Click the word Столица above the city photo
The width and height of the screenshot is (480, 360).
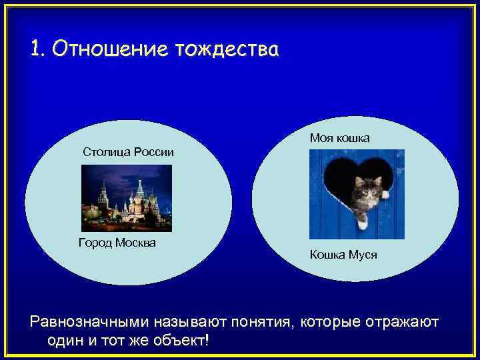pyautogui.click(x=105, y=152)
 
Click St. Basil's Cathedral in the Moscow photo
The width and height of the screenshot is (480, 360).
pyautogui.click(x=138, y=197)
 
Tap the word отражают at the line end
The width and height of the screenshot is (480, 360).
pyautogui.click(x=404, y=323)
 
